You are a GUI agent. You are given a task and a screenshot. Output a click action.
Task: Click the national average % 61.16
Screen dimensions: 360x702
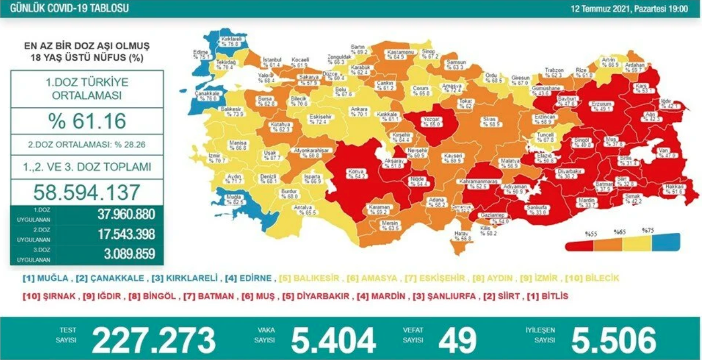coord(87,121)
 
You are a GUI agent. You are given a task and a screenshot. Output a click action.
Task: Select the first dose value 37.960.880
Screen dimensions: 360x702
coord(126,215)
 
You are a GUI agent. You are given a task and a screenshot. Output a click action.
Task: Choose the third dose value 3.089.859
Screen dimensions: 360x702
coord(126,253)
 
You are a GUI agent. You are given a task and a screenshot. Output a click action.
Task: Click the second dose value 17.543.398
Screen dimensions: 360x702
coord(126,234)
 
